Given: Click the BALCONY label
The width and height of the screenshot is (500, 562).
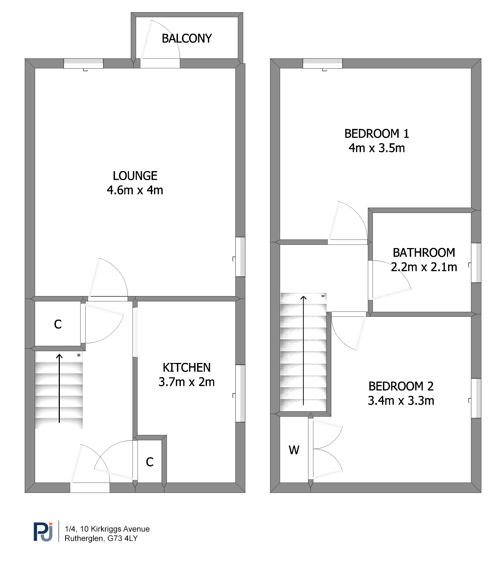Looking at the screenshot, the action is pyautogui.click(x=187, y=38).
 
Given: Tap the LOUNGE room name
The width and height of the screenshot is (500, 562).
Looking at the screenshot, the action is pyautogui.click(x=135, y=176).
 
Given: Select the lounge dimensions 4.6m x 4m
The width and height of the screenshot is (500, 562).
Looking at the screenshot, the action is pyautogui.click(x=135, y=190).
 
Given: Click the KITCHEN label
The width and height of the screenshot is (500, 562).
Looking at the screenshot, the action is pyautogui.click(x=187, y=368).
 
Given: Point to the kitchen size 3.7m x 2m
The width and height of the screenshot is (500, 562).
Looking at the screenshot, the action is pyautogui.click(x=187, y=382).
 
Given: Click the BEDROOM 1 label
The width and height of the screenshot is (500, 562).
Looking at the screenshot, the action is pyautogui.click(x=377, y=134).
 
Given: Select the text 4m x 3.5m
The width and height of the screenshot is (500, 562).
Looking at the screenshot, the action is pyautogui.click(x=377, y=148).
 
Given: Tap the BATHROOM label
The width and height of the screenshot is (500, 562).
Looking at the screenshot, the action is pyautogui.click(x=424, y=253).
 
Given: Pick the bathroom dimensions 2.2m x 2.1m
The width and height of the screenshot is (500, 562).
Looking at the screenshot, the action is pyautogui.click(x=424, y=267).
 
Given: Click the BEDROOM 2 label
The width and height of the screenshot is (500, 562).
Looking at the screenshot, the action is pyautogui.click(x=401, y=386).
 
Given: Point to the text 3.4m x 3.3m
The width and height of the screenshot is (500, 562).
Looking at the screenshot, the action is pyautogui.click(x=401, y=401).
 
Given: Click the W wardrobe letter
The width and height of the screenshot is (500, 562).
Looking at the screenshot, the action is pyautogui.click(x=294, y=450).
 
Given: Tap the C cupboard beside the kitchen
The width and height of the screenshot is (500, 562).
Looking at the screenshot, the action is pyautogui.click(x=150, y=462).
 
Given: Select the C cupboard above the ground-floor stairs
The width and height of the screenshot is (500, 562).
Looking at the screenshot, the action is pyautogui.click(x=58, y=324).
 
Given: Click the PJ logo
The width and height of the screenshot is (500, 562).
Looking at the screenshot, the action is pyautogui.click(x=43, y=532).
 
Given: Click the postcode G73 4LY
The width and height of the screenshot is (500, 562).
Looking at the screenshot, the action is pyautogui.click(x=122, y=538).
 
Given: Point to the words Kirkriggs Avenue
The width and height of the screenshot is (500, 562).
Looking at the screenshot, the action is pyautogui.click(x=120, y=529).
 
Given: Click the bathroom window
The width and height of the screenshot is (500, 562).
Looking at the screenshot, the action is pyautogui.click(x=476, y=263).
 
